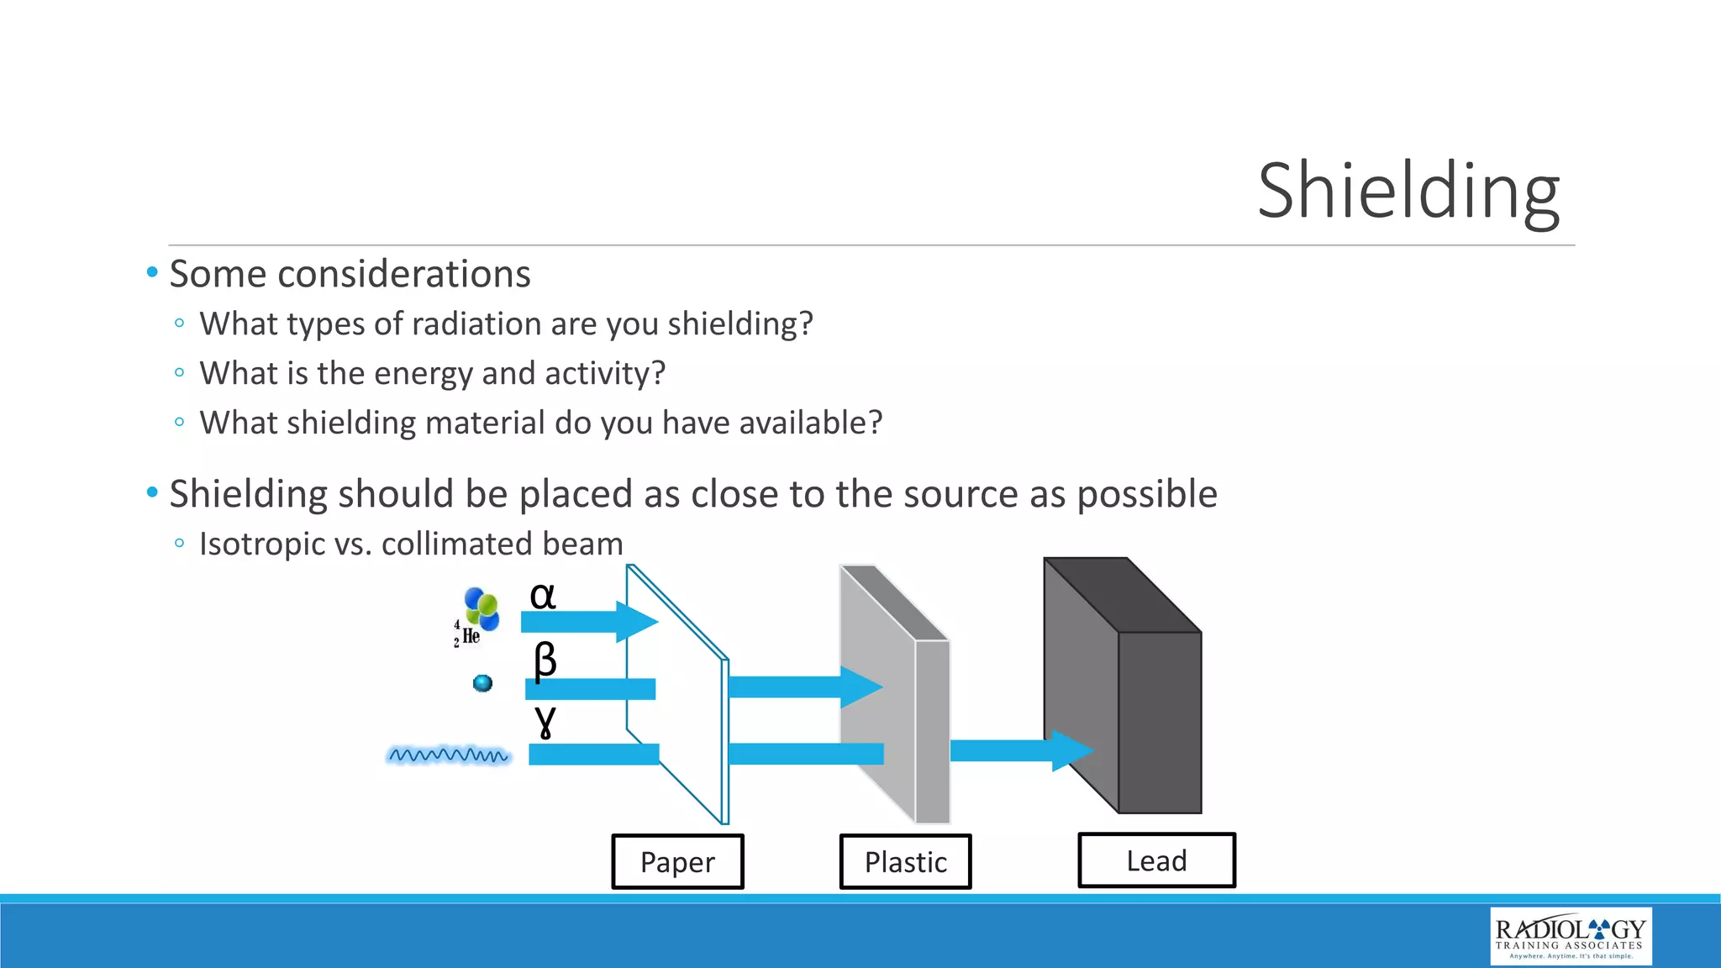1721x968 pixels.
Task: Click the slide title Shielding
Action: [1408, 192]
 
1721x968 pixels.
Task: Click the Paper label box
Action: [677, 861]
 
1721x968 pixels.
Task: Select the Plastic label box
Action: [905, 861]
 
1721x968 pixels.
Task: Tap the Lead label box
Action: [1156, 860]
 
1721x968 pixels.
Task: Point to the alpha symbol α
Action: [543, 596]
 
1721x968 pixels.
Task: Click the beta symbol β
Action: [545, 660]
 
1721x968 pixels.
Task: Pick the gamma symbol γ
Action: [545, 720]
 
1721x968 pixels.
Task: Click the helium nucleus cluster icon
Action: [482, 608]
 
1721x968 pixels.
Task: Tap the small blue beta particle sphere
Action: [482, 683]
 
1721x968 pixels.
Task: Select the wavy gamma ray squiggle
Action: [448, 755]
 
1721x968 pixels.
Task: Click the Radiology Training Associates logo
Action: [1570, 935]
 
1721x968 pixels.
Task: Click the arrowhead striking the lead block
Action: [1072, 750]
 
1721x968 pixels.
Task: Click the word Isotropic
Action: [261, 544]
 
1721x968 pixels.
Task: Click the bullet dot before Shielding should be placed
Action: [152, 492]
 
